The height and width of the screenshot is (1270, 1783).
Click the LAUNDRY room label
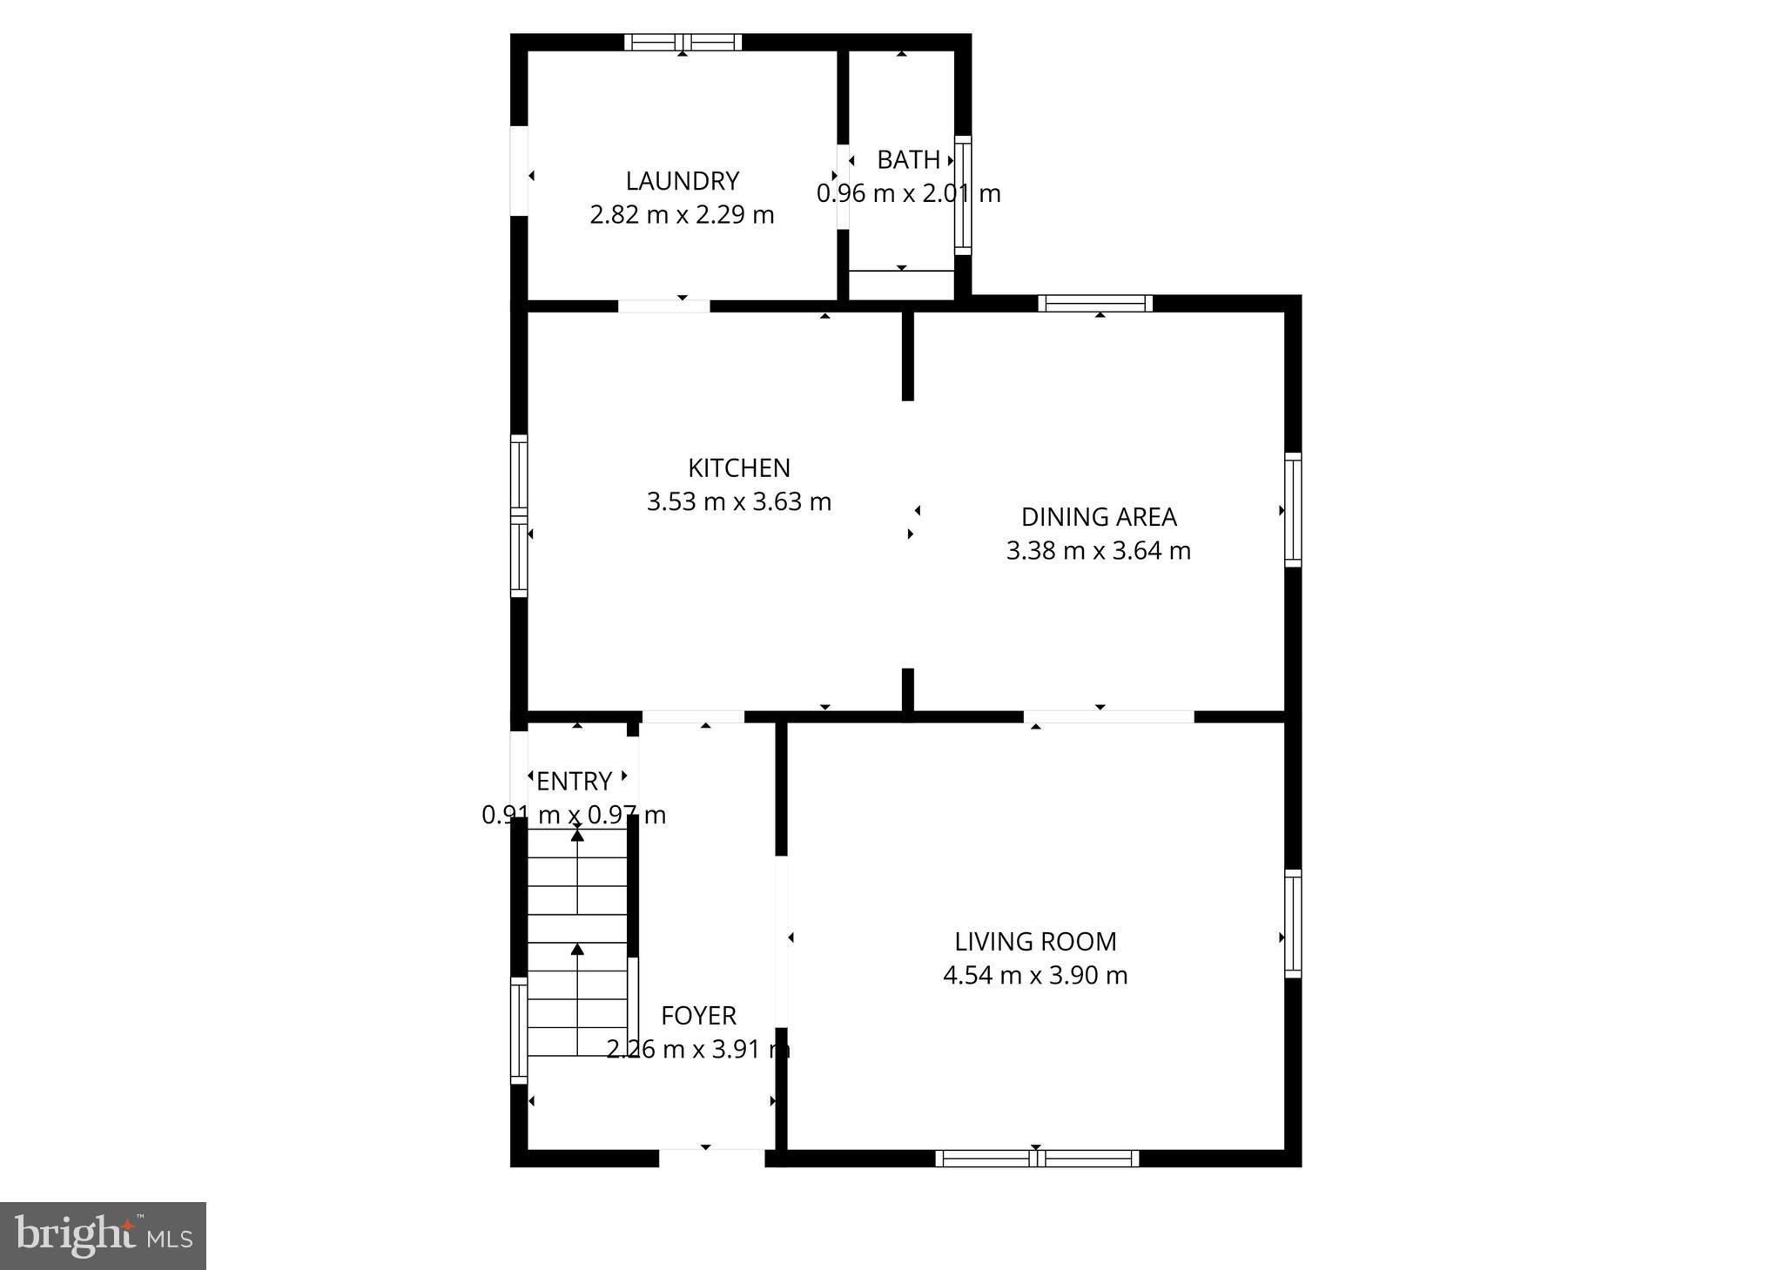coord(682,181)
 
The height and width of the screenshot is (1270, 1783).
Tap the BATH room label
coord(908,160)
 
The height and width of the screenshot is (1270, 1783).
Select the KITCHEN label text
coord(738,468)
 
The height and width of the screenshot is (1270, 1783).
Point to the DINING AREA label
coord(1099,517)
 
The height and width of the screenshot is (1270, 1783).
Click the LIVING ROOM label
coord(1035,942)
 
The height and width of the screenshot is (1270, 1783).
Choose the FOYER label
coord(698,1016)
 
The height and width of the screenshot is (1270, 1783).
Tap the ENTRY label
coord(575,782)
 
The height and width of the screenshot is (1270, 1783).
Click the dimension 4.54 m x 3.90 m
coord(1035,976)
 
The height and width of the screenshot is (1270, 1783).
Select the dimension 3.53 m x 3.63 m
coord(738,502)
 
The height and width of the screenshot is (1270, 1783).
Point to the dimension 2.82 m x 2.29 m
coord(682,215)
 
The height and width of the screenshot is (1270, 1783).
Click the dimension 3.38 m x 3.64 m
coord(1099,551)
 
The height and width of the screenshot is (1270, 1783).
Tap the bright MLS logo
coord(103,1236)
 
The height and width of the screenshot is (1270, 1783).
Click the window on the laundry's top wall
coord(683,42)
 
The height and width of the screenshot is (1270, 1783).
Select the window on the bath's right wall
coord(963,195)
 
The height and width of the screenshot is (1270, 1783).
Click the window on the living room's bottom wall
coord(1037,1159)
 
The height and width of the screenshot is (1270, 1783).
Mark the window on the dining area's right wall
coord(1293,510)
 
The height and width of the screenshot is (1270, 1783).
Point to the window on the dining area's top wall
coord(1095,303)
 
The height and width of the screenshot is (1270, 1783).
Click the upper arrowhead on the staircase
coord(577,836)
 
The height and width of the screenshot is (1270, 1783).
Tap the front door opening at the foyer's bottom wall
coord(711,1158)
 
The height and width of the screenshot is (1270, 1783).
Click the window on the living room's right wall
coord(1293,924)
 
